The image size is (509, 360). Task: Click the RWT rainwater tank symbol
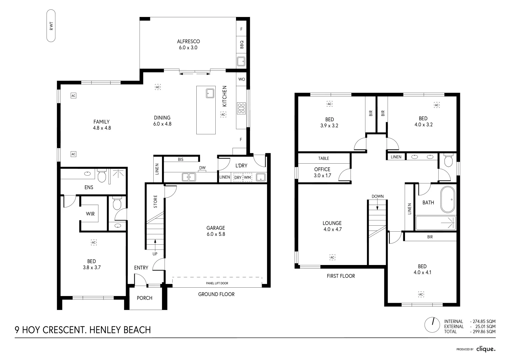(x=51, y=26)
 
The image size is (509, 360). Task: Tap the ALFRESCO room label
(x=188, y=44)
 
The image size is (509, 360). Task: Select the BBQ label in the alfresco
(x=242, y=44)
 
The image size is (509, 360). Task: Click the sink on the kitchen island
(x=210, y=93)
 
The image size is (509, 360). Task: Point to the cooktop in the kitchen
(x=241, y=108)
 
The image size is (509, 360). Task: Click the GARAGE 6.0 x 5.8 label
(x=215, y=231)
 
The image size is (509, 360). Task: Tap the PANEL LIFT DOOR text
(x=217, y=283)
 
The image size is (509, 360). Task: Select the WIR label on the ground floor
(x=90, y=214)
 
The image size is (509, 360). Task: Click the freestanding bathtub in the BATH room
(x=447, y=199)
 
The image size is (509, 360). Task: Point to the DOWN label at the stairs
(x=377, y=196)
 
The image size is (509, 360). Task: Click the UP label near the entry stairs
(x=155, y=254)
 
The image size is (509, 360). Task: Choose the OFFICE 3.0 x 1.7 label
(x=322, y=172)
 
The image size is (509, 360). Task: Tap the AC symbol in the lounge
(x=332, y=257)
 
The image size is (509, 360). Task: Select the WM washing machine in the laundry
(x=247, y=177)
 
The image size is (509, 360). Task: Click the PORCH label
(x=145, y=298)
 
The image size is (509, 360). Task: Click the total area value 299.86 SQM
(x=483, y=332)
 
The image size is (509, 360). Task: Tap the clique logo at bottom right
(x=486, y=349)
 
